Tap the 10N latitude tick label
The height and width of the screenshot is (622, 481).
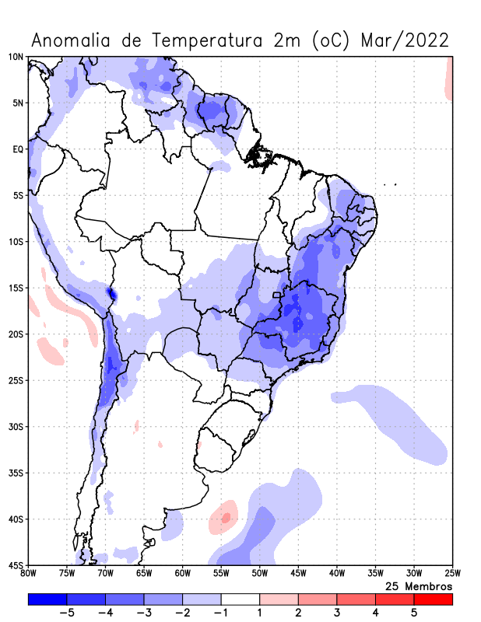pos(16,57)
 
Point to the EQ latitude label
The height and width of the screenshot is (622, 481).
pos(18,149)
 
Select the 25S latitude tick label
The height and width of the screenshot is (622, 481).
pos(16,380)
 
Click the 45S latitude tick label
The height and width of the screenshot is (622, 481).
pos(16,565)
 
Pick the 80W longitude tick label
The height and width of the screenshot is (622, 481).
pos(29,574)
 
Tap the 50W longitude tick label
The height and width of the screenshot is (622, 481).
pos(260,574)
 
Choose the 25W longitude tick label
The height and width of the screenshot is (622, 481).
pos(452,574)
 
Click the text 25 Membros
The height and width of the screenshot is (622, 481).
pos(419,585)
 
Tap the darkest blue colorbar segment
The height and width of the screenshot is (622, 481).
pos(47,599)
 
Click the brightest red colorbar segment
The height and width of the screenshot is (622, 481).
pos(433,599)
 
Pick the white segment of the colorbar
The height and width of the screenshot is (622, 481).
pos(240,599)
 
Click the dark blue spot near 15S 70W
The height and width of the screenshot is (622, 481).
pos(111,294)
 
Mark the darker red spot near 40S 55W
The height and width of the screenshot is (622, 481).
pos(226,517)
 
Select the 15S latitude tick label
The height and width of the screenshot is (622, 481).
pos(16,288)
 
